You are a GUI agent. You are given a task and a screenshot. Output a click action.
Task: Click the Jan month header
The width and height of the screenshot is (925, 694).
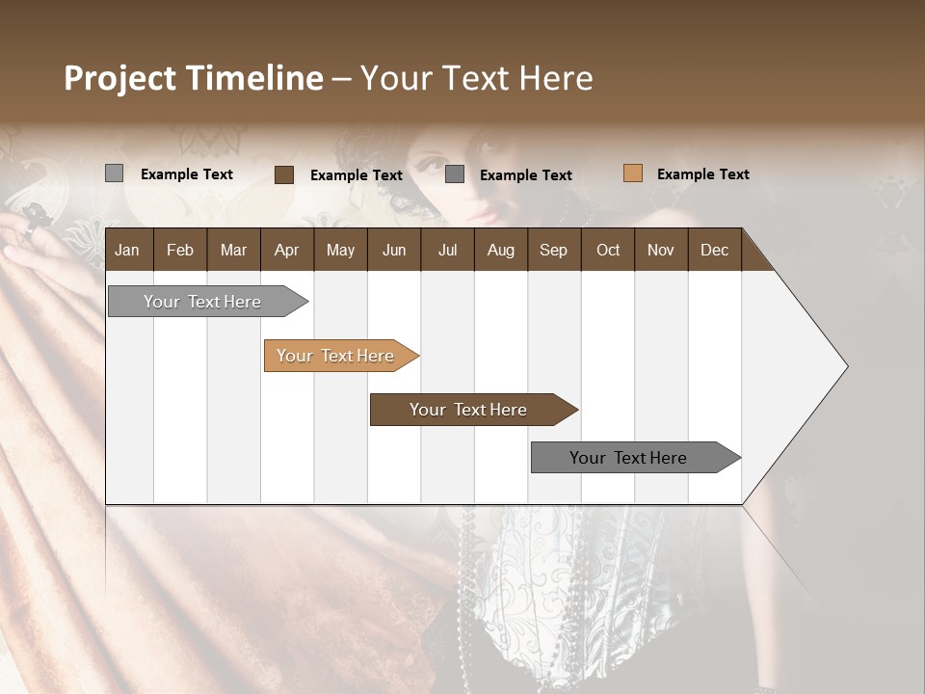pos(127,250)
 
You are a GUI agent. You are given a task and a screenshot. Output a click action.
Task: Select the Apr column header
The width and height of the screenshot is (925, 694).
pos(287,250)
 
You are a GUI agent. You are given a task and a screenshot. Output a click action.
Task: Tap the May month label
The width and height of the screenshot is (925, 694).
pos(340,250)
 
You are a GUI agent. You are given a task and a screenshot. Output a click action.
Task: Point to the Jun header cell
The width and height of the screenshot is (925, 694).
pos(394,250)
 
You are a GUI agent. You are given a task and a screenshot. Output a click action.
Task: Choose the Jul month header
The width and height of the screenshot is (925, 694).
pos(447,250)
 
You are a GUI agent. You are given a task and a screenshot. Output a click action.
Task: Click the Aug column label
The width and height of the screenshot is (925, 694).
pos(501,250)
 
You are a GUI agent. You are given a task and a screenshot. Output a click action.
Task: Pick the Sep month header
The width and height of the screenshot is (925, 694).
pos(554,250)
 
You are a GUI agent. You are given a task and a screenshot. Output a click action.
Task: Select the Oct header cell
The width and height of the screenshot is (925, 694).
pos(608,250)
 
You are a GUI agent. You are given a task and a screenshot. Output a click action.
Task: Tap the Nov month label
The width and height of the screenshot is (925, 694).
pos(661,250)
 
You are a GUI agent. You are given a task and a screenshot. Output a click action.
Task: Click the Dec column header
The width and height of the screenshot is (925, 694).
pos(715,250)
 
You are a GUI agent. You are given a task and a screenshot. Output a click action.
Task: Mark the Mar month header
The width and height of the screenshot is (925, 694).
pos(233,250)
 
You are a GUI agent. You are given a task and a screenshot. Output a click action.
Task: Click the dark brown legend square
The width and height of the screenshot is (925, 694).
pos(284,174)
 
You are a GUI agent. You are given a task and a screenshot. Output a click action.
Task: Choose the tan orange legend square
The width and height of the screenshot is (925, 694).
pos(633,173)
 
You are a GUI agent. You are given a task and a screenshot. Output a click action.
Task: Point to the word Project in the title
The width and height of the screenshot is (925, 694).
pos(120,78)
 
